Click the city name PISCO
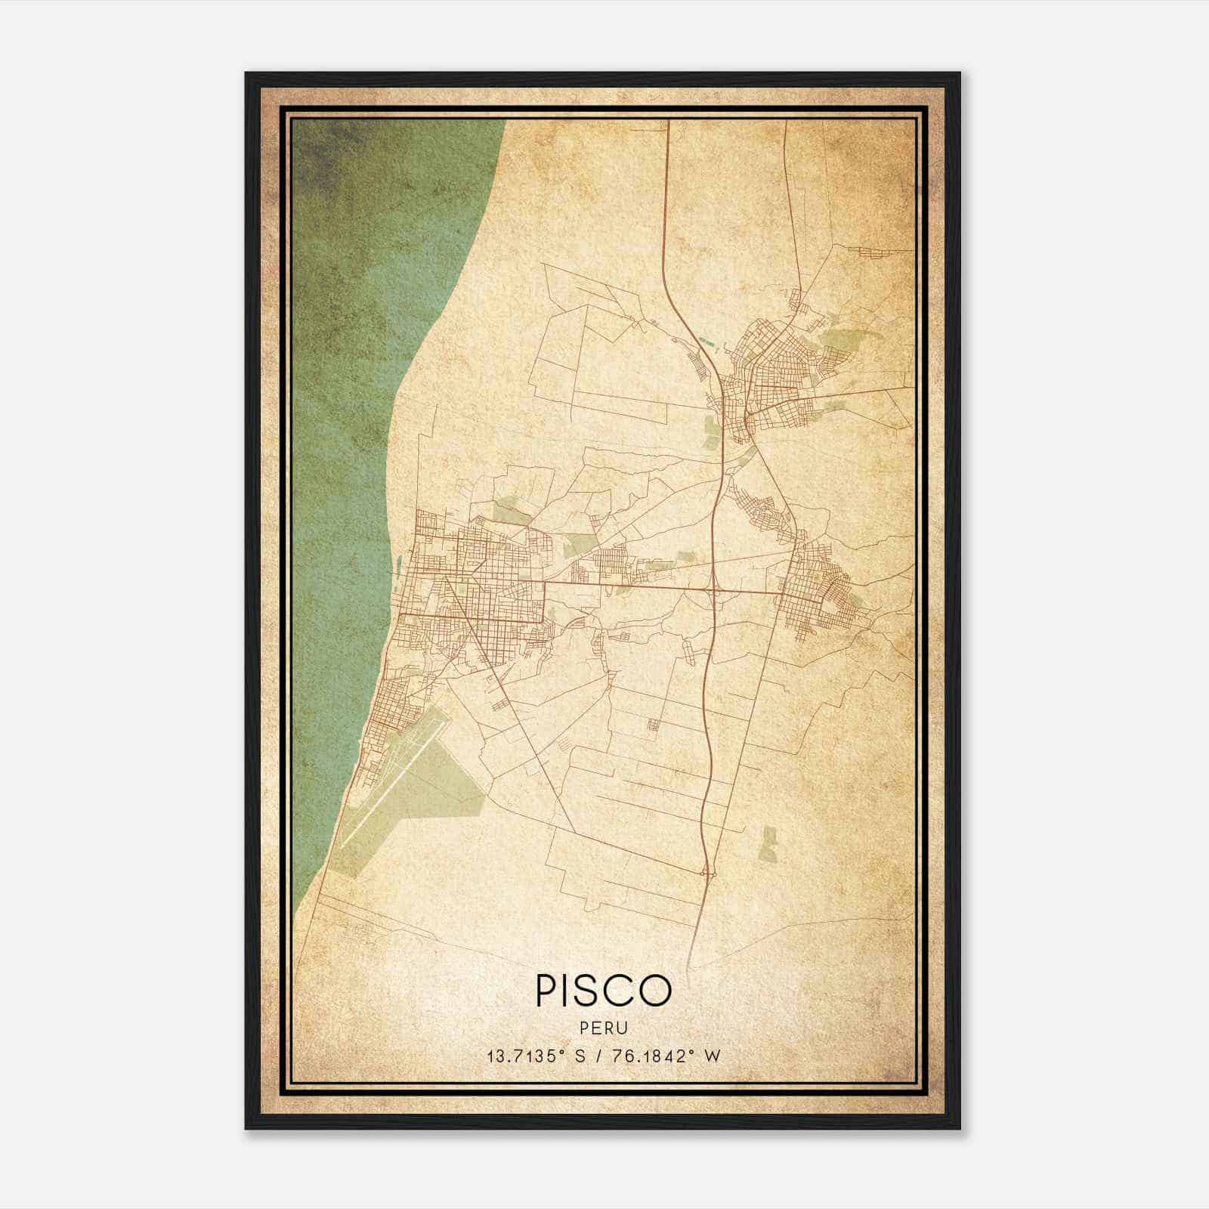(x=603, y=990)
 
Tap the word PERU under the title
(x=604, y=1028)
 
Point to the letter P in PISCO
(x=545, y=990)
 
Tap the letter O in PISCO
(x=655, y=990)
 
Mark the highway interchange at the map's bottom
(x=708, y=873)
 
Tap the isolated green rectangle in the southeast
(x=768, y=843)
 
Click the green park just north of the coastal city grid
(x=512, y=512)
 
